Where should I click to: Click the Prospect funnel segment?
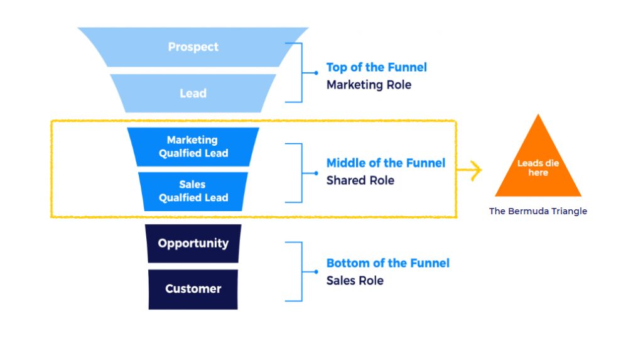coord(193,47)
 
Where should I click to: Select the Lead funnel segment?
coord(193,93)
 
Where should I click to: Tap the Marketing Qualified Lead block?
coord(193,147)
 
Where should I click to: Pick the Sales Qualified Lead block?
coord(193,192)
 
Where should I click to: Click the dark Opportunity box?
coord(193,244)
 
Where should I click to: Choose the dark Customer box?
coord(193,289)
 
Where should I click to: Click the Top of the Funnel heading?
coord(377,67)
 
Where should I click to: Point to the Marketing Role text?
coord(369,85)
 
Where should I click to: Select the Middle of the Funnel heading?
coord(386,163)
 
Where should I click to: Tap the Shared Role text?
coord(360,180)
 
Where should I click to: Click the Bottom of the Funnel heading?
coord(387,263)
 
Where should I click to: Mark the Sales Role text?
coord(355,280)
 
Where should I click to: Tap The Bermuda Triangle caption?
coord(538,212)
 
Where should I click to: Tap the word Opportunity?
coord(193,244)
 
